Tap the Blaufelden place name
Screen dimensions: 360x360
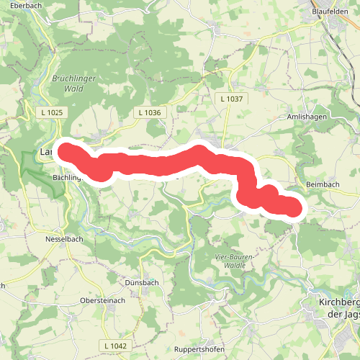pyautogui.click(x=335, y=12)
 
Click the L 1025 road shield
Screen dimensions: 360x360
pyautogui.click(x=52, y=112)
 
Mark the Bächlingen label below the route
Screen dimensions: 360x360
pyautogui.click(x=68, y=176)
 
